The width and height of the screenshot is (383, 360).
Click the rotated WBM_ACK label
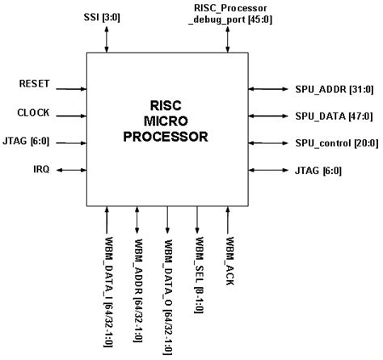(x=229, y=259)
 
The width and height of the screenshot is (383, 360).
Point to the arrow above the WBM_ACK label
(x=229, y=220)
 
